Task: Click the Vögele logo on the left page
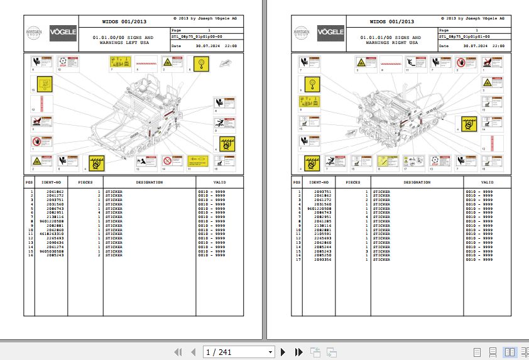pyautogui.click(x=63, y=33)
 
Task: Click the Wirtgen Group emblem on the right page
pyautogui.click(x=303, y=33)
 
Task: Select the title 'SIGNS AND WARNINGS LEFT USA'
pyautogui.click(x=123, y=40)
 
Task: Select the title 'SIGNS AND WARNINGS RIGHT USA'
pyautogui.click(x=390, y=40)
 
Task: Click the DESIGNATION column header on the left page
pyautogui.click(x=149, y=182)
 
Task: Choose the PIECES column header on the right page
pyautogui.click(x=353, y=182)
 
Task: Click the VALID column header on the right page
pyautogui.click(x=487, y=182)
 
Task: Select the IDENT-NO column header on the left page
pyautogui.click(x=52, y=182)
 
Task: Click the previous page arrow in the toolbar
pyautogui.click(x=194, y=352)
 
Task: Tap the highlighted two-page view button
pyautogui.click(x=510, y=352)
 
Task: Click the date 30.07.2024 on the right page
pyautogui.click(x=475, y=46)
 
